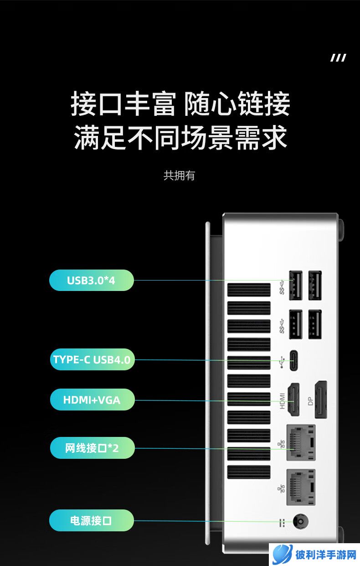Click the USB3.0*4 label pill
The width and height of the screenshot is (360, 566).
click(92, 280)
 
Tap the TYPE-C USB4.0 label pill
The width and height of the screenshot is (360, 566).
click(92, 359)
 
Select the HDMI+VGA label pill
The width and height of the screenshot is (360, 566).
click(92, 400)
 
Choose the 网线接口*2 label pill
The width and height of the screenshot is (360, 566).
click(92, 448)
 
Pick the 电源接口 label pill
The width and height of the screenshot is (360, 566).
click(92, 520)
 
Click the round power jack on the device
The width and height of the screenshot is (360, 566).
click(301, 521)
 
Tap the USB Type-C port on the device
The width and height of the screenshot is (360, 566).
click(293, 360)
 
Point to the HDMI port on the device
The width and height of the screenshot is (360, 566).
click(293, 400)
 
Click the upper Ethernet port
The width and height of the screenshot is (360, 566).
click(301, 442)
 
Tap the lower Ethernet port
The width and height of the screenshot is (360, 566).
click(301, 487)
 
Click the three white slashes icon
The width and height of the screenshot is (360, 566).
click(338, 57)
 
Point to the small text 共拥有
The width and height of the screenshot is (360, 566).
click(179, 176)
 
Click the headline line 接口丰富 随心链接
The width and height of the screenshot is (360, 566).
click(180, 104)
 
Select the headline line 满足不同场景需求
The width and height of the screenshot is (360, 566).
click(180, 138)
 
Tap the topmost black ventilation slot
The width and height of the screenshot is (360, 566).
click(249, 290)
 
